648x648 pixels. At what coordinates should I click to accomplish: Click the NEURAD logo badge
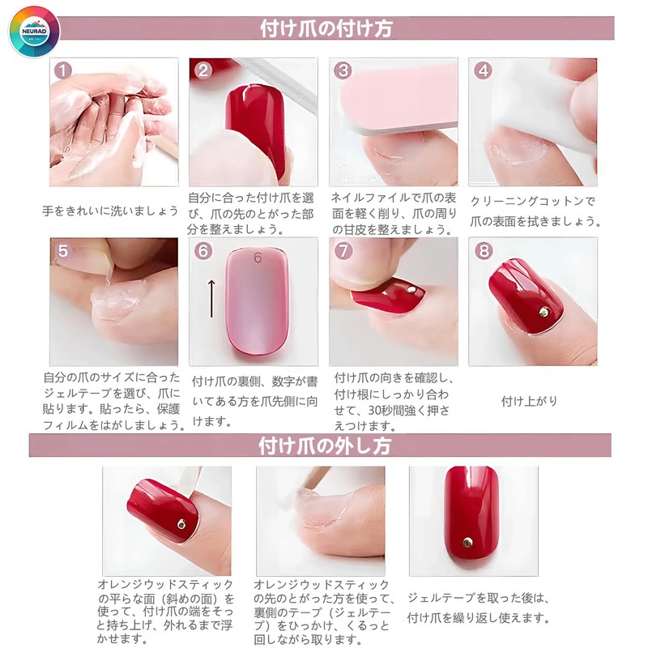click(35, 32)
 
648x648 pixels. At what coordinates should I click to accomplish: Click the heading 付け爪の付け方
click(326, 29)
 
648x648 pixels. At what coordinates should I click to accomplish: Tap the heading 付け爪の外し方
click(325, 446)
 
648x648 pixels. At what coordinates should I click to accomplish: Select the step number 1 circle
click(65, 70)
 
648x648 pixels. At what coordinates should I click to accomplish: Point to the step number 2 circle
click(203, 70)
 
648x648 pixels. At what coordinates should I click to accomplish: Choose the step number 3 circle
click(343, 70)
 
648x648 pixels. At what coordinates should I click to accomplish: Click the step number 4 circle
click(484, 70)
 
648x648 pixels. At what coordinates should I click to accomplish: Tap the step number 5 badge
click(62, 250)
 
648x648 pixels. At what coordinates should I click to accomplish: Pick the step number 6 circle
click(203, 251)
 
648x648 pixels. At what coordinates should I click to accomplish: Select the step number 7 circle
click(343, 251)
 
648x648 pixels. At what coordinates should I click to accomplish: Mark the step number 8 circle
click(484, 251)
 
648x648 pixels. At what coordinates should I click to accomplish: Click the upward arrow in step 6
click(211, 298)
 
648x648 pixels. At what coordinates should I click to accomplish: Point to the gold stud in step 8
click(544, 311)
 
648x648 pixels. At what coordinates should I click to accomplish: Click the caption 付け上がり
click(530, 401)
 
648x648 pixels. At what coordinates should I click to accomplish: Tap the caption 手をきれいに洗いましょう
click(110, 211)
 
